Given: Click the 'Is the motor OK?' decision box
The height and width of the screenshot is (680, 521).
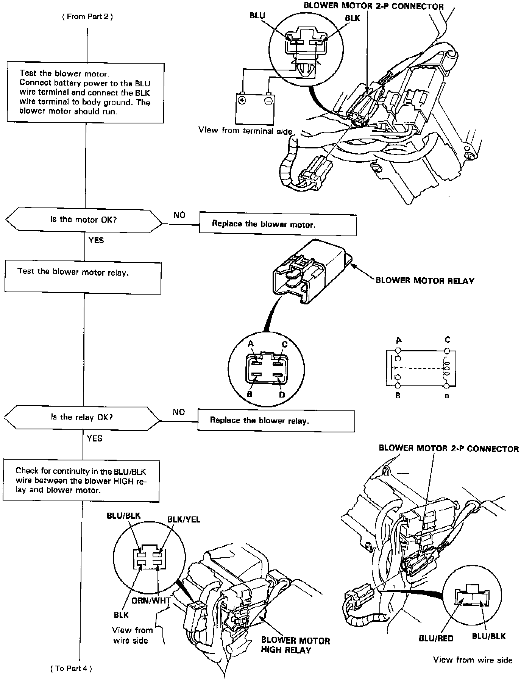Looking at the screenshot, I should pyautogui.click(x=84, y=220).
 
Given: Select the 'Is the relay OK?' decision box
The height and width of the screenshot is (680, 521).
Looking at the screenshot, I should pyautogui.click(x=82, y=417).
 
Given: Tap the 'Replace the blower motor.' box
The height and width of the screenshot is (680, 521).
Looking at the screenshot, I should pyautogui.click(x=278, y=225).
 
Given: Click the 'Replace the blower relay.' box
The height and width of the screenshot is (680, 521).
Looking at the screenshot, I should pyautogui.click(x=276, y=420).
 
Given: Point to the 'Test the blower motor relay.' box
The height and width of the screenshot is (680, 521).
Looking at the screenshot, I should pyautogui.click(x=83, y=278).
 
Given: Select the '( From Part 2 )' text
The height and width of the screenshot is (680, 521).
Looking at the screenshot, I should pyautogui.click(x=87, y=17).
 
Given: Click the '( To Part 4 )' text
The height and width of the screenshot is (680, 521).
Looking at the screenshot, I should pyautogui.click(x=71, y=668).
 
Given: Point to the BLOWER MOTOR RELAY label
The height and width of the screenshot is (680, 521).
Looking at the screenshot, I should pyautogui.click(x=424, y=281).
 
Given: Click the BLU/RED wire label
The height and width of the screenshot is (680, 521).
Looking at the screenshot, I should pyautogui.click(x=436, y=638).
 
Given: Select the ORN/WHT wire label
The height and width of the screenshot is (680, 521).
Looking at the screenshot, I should pyautogui.click(x=151, y=600).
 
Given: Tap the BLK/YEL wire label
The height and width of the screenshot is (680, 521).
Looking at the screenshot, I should pyautogui.click(x=184, y=519).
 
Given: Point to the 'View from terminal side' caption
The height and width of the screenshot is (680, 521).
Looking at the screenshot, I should pyautogui.click(x=245, y=131).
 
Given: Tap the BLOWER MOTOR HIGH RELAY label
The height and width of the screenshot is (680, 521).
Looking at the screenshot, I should pyautogui.click(x=295, y=645).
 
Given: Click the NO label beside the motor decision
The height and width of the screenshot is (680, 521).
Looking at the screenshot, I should pyautogui.click(x=179, y=215).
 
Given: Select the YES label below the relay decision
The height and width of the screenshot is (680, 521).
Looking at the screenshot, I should pyautogui.click(x=94, y=438).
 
